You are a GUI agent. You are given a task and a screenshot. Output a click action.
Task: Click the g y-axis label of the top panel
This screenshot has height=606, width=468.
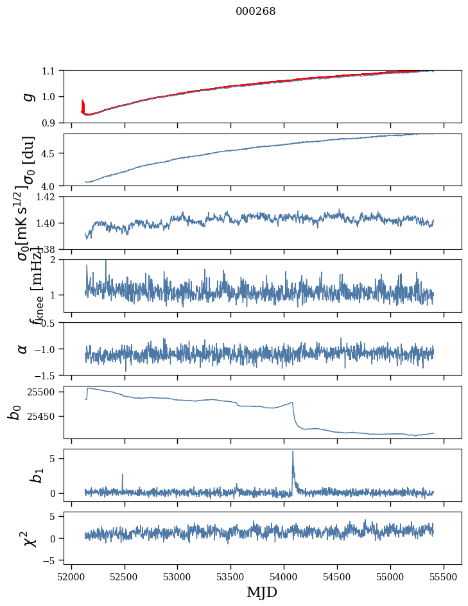pyautogui.click(x=27, y=96)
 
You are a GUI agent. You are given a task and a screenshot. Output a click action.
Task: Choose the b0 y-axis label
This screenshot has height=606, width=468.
pyautogui.click(x=15, y=412)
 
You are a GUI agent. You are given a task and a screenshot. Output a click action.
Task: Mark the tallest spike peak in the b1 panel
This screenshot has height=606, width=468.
pyautogui.click(x=293, y=451)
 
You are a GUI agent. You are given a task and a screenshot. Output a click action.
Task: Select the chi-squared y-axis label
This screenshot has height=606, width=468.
pyautogui.click(x=29, y=538)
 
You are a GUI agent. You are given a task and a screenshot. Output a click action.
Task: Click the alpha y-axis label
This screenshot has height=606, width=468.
pyautogui.click(x=23, y=349)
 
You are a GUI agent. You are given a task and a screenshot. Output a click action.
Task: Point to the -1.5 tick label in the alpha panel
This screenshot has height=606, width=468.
pyautogui.click(x=48, y=375)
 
